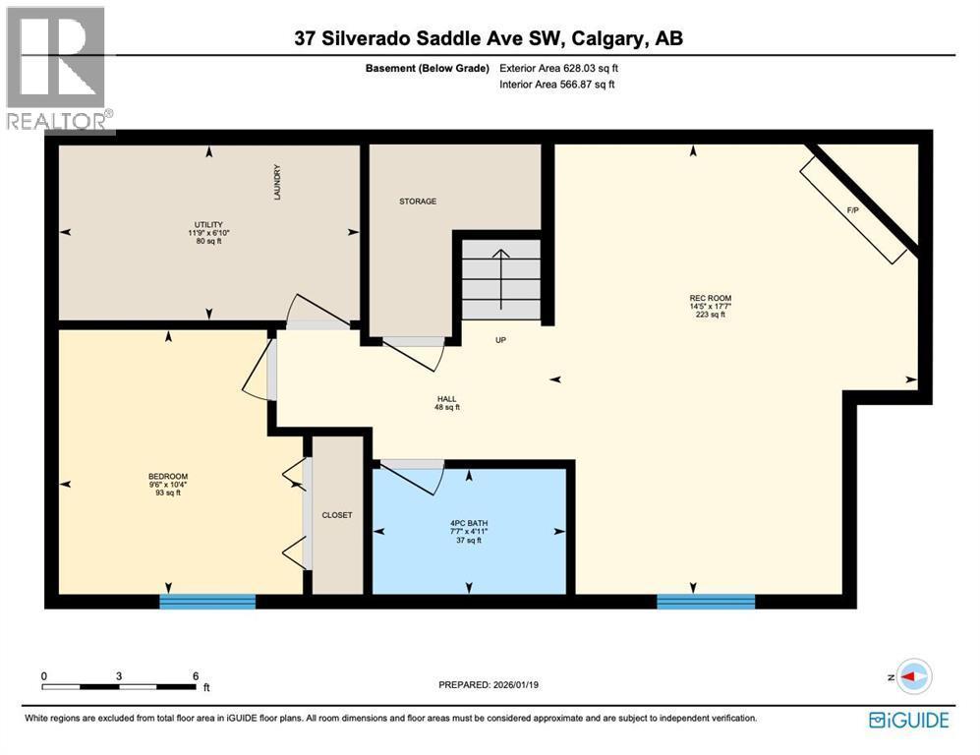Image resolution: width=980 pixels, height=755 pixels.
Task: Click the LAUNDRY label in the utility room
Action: (277, 183)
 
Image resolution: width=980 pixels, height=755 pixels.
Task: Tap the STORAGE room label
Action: (418, 202)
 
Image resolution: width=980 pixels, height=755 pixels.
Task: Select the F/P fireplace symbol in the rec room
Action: (853, 209)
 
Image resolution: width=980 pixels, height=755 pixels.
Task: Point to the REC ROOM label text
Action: (710, 298)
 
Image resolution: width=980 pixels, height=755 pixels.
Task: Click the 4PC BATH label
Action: (468, 523)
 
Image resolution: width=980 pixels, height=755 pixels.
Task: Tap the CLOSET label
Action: (337, 515)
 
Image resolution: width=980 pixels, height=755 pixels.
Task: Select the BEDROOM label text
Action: (167, 477)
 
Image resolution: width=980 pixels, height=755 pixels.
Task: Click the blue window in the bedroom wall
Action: (207, 601)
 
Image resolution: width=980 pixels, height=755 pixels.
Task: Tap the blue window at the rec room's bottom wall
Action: (706, 601)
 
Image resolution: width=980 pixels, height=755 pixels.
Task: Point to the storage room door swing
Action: (413, 352)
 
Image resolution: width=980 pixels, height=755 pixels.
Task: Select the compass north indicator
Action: (914, 676)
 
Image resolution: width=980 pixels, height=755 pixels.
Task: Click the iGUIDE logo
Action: (909, 720)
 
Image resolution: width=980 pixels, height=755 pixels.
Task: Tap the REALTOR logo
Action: (57, 69)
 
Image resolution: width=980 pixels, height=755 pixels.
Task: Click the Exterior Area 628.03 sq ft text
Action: (558, 69)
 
